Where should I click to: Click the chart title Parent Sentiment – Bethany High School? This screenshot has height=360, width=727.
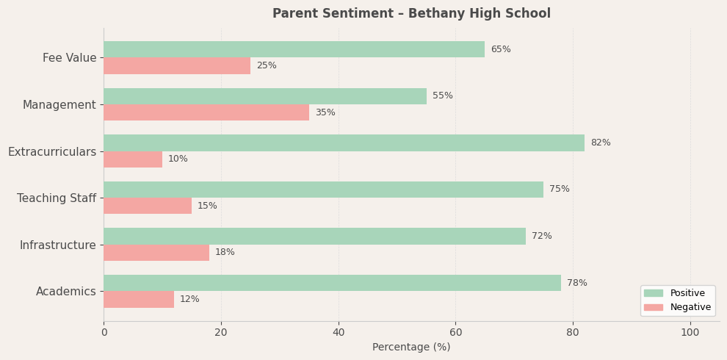[411, 14]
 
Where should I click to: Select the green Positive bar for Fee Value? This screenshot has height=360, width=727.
[294, 49]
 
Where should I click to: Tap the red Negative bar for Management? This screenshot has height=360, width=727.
[206, 112]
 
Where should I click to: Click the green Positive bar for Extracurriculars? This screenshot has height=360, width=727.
[344, 143]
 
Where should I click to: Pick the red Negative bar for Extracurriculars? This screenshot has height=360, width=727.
[133, 159]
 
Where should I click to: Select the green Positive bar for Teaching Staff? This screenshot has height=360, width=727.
[323, 190]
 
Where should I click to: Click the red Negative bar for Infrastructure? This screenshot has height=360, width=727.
[156, 253]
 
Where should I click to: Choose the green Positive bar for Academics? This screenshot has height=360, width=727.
[332, 283]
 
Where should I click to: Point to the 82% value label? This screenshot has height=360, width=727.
[600, 143]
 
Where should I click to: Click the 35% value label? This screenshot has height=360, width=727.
[325, 112]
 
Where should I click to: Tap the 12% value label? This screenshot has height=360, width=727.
[189, 299]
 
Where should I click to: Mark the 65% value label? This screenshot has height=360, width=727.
[500, 49]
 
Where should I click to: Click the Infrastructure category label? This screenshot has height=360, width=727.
[57, 245]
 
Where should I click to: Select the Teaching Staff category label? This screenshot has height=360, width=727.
[57, 198]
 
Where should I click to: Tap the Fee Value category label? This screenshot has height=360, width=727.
[69, 58]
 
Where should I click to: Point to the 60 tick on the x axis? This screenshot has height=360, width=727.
[455, 333]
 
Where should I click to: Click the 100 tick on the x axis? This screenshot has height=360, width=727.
[690, 333]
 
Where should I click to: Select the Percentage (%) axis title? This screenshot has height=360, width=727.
[411, 348]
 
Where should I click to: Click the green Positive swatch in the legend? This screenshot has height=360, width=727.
[653, 293]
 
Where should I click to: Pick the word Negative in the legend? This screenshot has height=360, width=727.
[690, 307]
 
